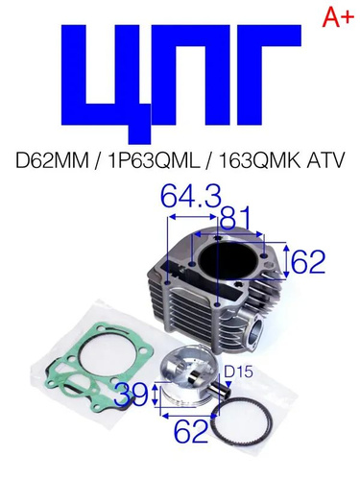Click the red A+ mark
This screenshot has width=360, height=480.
tap(338, 16)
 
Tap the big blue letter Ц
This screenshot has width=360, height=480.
tap(107, 84)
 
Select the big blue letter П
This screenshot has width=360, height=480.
tap(191, 75)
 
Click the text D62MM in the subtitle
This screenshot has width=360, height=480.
tap(52, 160)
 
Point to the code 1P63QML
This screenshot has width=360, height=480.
tap(153, 160)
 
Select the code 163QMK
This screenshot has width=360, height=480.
tap(259, 160)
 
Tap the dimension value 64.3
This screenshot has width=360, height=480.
tap(191, 196)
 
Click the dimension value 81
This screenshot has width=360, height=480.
tap(236, 219)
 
